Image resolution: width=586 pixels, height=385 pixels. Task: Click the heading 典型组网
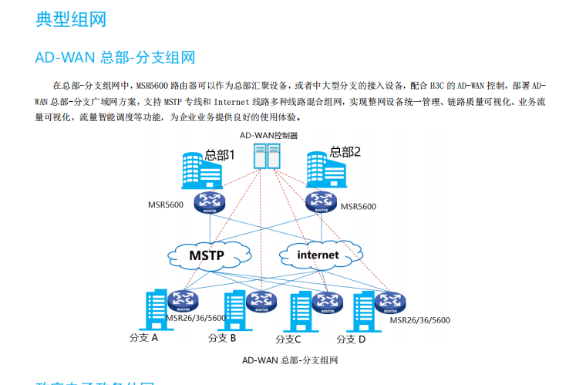click(70, 19)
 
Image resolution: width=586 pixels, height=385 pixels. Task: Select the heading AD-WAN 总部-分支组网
click(115, 58)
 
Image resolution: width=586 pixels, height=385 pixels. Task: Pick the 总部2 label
click(345, 152)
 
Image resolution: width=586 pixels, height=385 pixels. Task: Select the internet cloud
click(318, 254)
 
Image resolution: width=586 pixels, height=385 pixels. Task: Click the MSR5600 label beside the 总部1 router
click(165, 206)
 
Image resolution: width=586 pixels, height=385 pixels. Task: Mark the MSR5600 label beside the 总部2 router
click(358, 207)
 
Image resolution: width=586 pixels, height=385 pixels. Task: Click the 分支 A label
click(143, 338)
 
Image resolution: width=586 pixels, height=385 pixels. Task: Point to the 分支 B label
click(222, 338)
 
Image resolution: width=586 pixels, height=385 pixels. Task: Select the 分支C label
click(288, 339)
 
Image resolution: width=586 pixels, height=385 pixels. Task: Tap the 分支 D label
click(351, 339)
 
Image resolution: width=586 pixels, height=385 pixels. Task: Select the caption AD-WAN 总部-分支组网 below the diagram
click(290, 360)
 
